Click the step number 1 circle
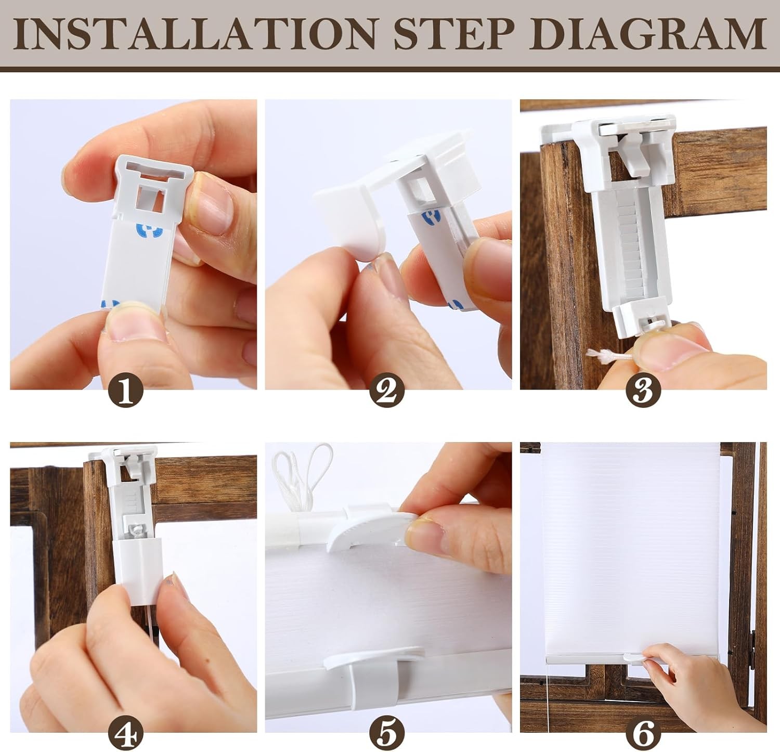tap(126, 392)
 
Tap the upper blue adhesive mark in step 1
tap(148, 229)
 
